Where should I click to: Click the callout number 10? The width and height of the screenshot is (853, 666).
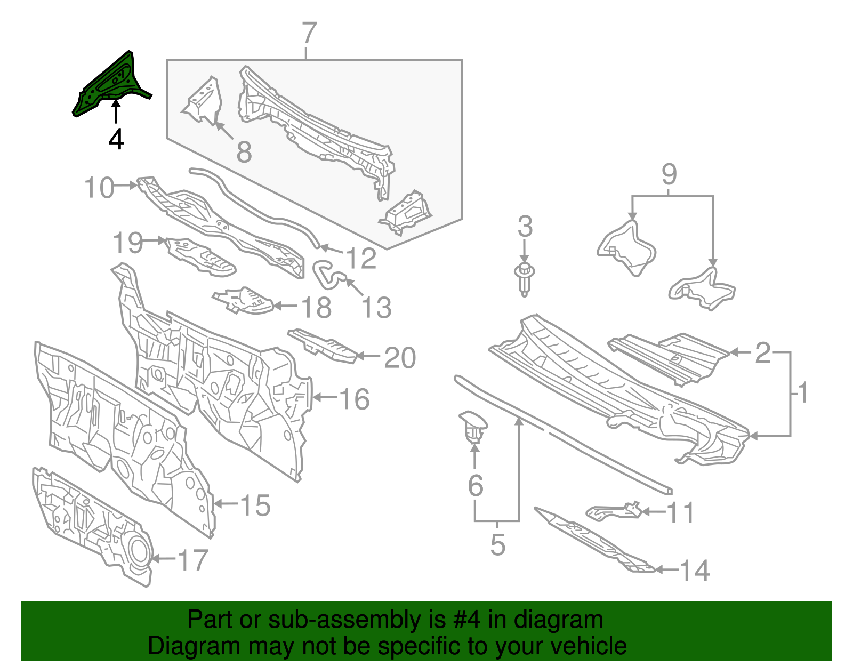pos(99,188)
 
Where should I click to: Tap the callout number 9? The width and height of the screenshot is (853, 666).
pos(669,174)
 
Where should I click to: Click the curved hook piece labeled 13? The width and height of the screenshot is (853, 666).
pos(328,272)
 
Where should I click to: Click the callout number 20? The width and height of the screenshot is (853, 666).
pos(400,358)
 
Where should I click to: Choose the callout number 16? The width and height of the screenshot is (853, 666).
pos(355,399)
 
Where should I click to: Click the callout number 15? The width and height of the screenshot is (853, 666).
pos(255,505)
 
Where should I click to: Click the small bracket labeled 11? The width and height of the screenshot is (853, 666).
pos(613,511)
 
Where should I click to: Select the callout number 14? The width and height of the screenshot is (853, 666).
pos(695,571)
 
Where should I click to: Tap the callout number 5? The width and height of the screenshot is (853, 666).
pos(497,544)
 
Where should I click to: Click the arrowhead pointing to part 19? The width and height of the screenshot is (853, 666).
pos(162,241)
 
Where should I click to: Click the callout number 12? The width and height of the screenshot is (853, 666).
pos(361,259)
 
